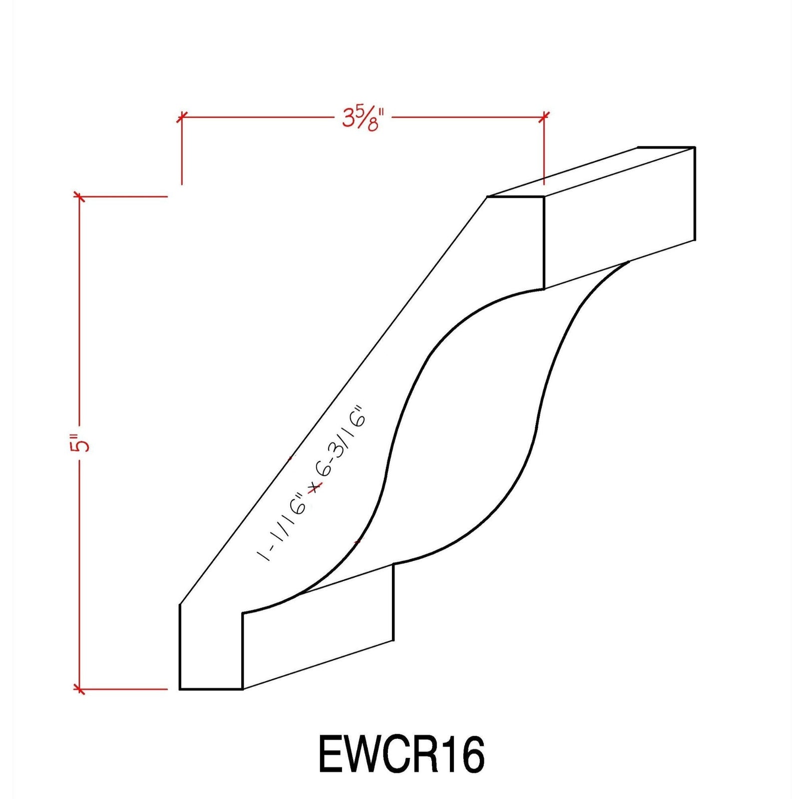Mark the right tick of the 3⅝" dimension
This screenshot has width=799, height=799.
coord(544,116)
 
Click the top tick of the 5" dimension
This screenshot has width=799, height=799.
coord(79,196)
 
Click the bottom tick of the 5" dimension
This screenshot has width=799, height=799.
coord(79,689)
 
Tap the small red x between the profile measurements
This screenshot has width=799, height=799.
coord(314,488)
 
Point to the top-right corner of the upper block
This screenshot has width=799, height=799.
coord(695,147)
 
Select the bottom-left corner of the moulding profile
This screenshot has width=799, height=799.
coord(180,689)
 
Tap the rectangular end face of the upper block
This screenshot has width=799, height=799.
coord(619,215)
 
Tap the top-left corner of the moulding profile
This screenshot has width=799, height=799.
coord(487,197)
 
